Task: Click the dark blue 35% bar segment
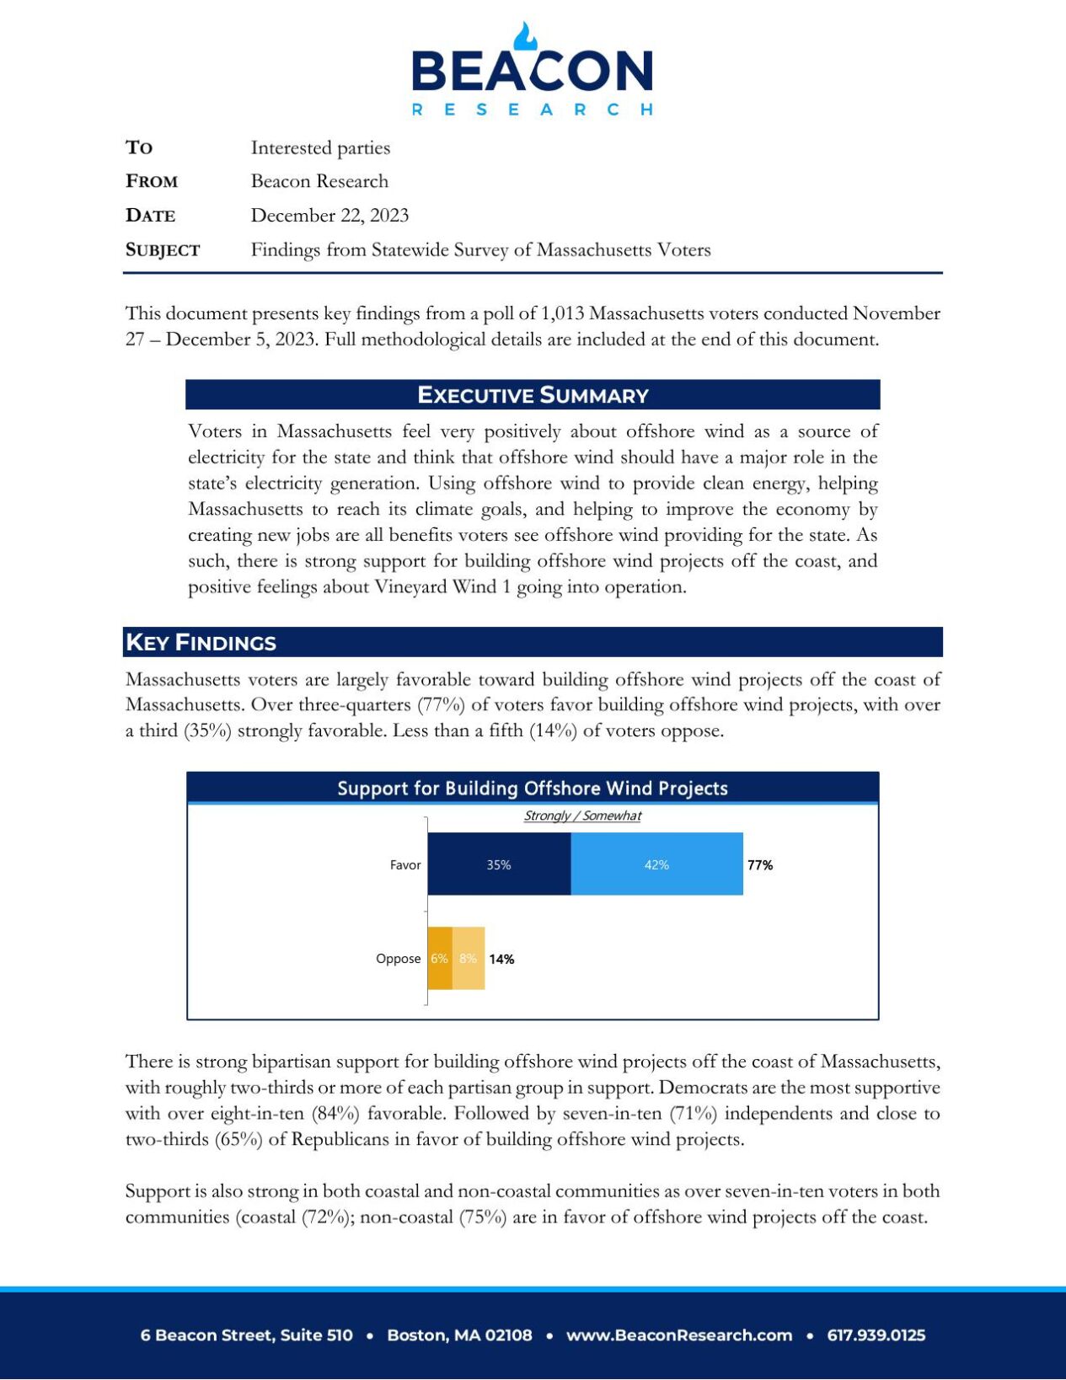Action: click(x=499, y=864)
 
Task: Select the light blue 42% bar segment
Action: click(x=656, y=864)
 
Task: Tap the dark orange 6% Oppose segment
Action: click(x=439, y=959)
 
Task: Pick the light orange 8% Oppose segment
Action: click(x=469, y=959)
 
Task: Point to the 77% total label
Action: click(x=760, y=865)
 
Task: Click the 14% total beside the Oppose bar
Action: click(x=501, y=960)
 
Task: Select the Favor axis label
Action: click(x=405, y=865)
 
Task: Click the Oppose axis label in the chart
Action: click(x=398, y=959)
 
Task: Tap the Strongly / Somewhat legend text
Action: click(x=582, y=816)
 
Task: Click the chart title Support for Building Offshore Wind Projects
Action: click(x=533, y=789)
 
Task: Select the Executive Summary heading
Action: click(x=533, y=395)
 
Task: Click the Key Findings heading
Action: click(x=201, y=643)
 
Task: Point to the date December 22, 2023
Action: click(x=329, y=216)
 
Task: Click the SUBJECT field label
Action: click(x=163, y=250)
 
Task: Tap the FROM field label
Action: click(x=152, y=182)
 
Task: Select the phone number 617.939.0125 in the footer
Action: click(x=876, y=1335)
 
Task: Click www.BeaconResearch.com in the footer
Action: click(x=679, y=1335)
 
